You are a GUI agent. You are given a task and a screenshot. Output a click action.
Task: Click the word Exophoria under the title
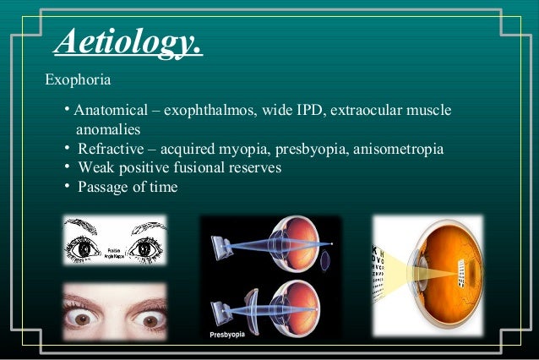(x=79, y=80)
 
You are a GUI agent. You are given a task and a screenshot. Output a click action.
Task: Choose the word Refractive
(x=111, y=150)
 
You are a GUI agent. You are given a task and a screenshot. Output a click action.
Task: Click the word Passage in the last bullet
(x=103, y=187)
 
